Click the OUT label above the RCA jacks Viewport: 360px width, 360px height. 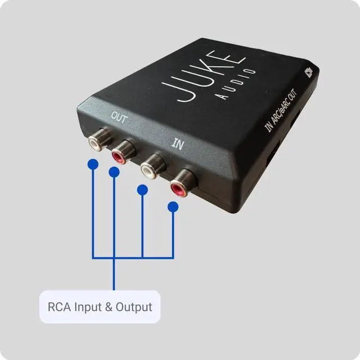pos(119,118)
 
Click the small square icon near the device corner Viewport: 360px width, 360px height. pos(309,72)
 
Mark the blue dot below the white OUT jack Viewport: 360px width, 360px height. pos(93,165)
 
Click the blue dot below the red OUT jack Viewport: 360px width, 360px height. pos(114,172)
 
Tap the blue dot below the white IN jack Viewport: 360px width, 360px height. pos(143,191)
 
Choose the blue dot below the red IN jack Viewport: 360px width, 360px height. pos(173,208)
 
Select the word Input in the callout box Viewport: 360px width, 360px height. pos(88,308)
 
